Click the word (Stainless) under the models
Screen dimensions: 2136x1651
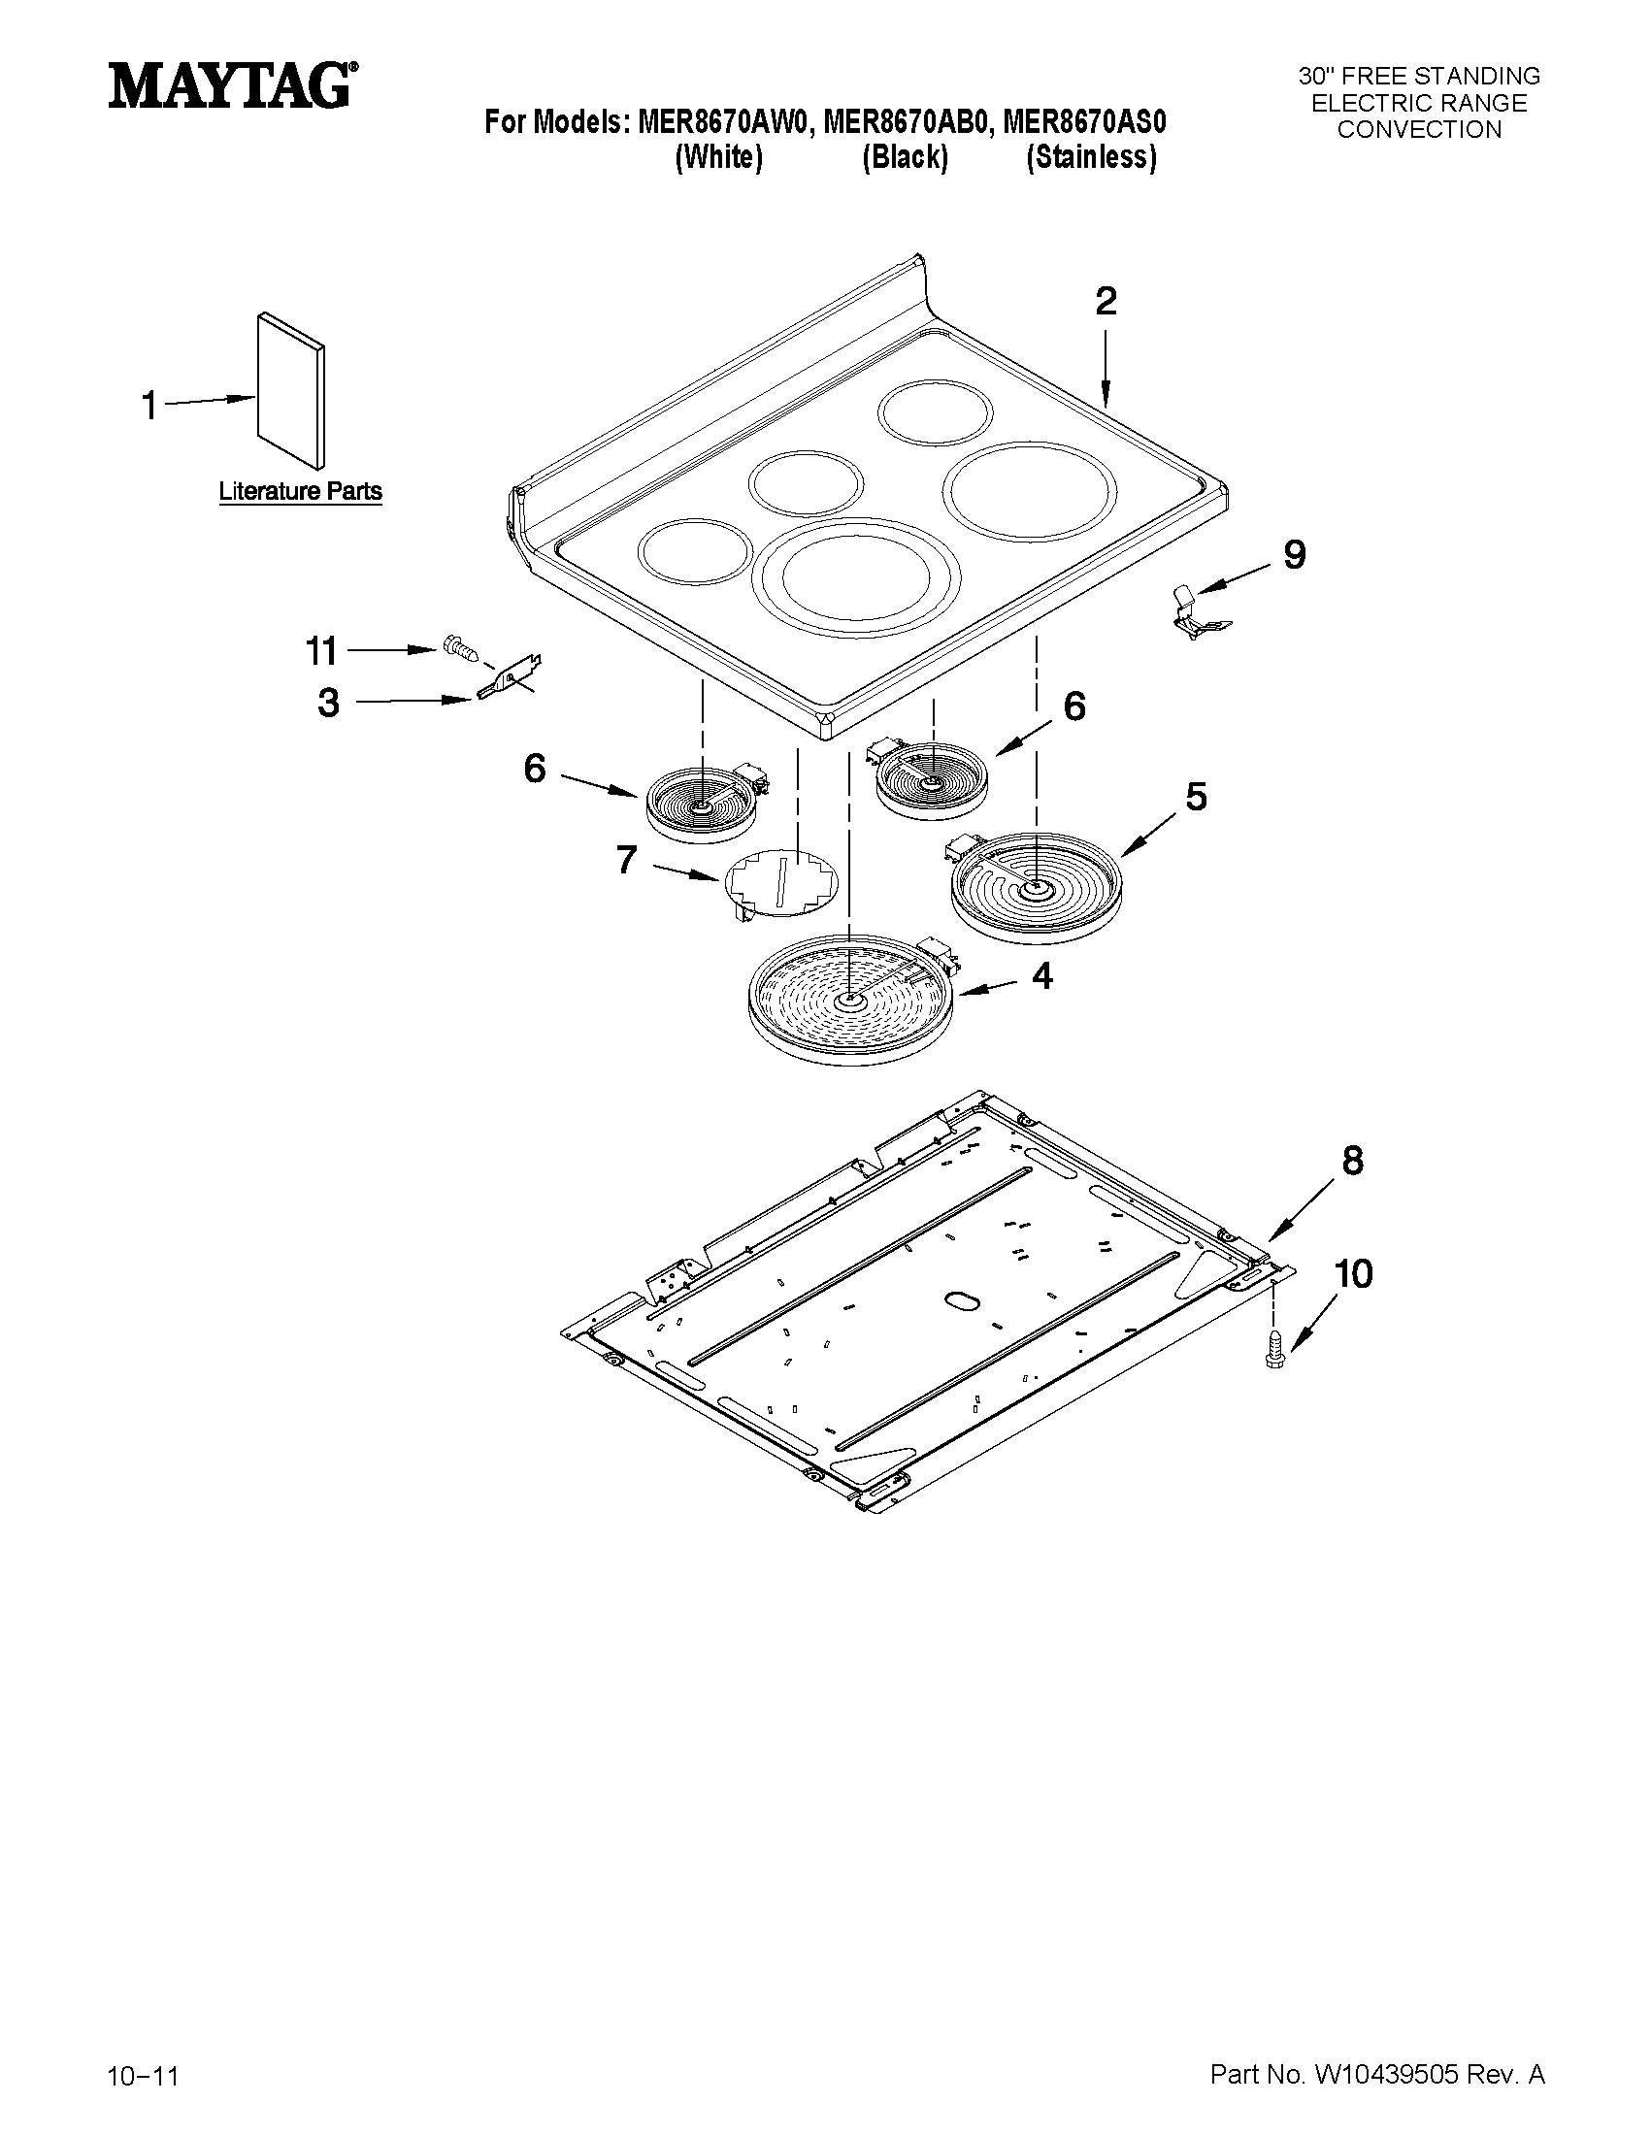1091,157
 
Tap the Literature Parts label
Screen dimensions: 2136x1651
299,491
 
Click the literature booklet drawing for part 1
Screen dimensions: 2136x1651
290,391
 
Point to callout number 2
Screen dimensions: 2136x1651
1106,301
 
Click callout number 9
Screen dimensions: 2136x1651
1293,555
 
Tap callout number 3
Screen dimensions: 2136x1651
329,703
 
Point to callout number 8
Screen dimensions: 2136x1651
1352,1161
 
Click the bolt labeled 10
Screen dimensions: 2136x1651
1273,1349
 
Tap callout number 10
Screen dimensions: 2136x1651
1354,1273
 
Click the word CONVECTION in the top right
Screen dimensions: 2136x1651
1418,130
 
